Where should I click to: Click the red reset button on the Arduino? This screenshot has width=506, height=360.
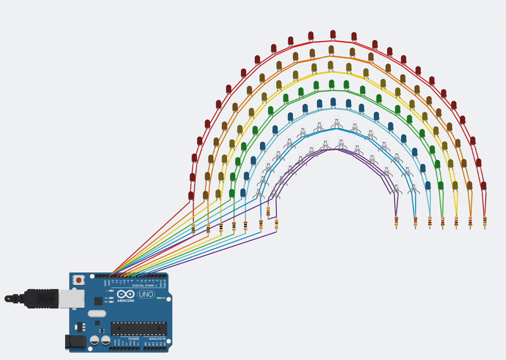point(78,280)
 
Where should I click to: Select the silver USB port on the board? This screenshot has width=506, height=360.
point(70,297)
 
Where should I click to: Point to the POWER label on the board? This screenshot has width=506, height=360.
point(133,339)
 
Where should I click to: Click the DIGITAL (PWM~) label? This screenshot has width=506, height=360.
point(142,285)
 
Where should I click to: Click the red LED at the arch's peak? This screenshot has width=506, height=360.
point(333,34)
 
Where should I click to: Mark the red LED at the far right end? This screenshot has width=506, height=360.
point(485,185)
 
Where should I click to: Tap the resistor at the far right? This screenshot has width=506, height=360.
point(485,222)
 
